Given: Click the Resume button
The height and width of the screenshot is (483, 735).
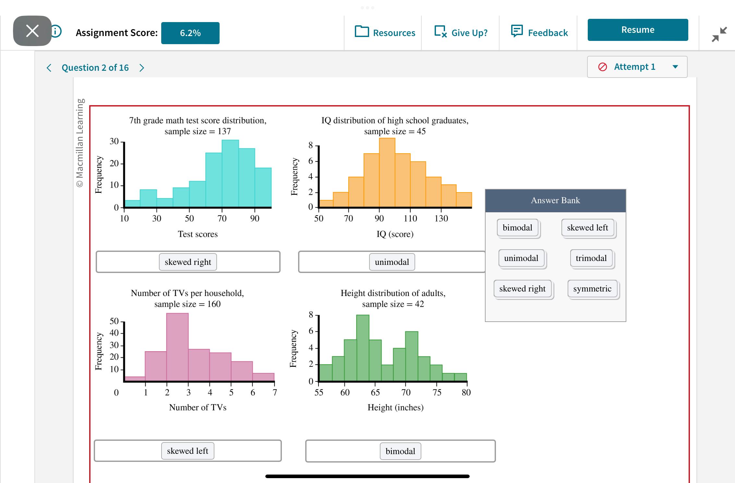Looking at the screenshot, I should click(x=637, y=30).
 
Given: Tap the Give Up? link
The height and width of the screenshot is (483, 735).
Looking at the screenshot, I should click(x=461, y=32).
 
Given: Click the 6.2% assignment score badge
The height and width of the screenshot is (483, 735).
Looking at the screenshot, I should click(x=190, y=33).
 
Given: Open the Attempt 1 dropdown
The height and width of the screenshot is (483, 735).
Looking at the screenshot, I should click(x=637, y=67).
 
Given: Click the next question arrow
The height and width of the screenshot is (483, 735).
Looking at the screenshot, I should click(x=142, y=68).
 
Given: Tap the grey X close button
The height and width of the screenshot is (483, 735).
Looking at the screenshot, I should click(x=32, y=31).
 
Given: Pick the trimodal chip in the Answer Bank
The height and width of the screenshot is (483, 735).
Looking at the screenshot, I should click(x=591, y=258).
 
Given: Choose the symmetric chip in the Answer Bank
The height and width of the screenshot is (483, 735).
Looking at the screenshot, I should click(x=592, y=289).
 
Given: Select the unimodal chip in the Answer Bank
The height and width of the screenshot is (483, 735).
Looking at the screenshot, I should click(x=521, y=258).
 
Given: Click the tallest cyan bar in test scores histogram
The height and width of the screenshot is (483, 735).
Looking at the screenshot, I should click(x=230, y=174).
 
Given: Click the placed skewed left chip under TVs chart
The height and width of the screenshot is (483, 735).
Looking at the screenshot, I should click(x=187, y=451).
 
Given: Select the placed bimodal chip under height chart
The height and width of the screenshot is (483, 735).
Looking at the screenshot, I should click(x=400, y=451).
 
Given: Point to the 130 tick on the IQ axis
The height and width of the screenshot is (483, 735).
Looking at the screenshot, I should click(x=441, y=218).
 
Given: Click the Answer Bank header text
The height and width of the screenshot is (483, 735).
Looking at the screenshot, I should click(x=555, y=201).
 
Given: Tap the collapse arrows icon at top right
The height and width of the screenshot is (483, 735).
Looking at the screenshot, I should click(x=719, y=34).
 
